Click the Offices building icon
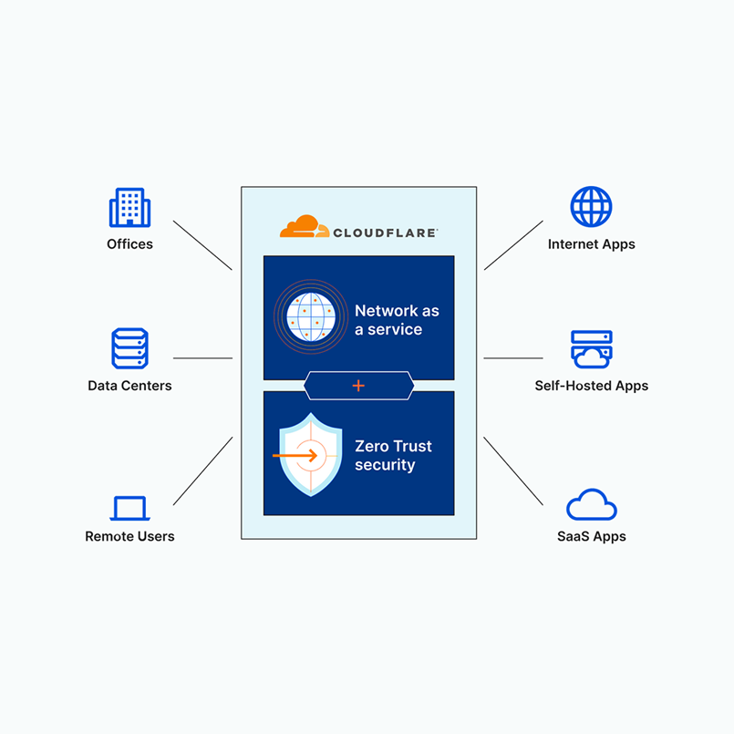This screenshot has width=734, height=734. [x=129, y=208]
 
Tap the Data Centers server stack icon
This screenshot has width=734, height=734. [x=129, y=349]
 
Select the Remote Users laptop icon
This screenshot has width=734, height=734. [x=129, y=508]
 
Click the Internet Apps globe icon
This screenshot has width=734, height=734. [x=591, y=207]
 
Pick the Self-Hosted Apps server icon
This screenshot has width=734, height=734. [x=591, y=349]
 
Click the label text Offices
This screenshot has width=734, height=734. [x=129, y=244]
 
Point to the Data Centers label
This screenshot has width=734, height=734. [x=129, y=386]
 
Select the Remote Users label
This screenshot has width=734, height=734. [x=129, y=536]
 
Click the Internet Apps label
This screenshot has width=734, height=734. [x=591, y=244]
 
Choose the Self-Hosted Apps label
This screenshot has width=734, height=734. [x=591, y=386]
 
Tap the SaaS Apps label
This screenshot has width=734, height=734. [x=591, y=536]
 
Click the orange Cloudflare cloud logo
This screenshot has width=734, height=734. [x=305, y=227]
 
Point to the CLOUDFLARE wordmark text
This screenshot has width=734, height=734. [x=385, y=233]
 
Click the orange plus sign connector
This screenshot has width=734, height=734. [x=358, y=386]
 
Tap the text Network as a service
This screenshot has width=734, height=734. [x=397, y=320]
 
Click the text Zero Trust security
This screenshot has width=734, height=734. [x=393, y=456]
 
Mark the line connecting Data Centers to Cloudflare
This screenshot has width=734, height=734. [x=202, y=358]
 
